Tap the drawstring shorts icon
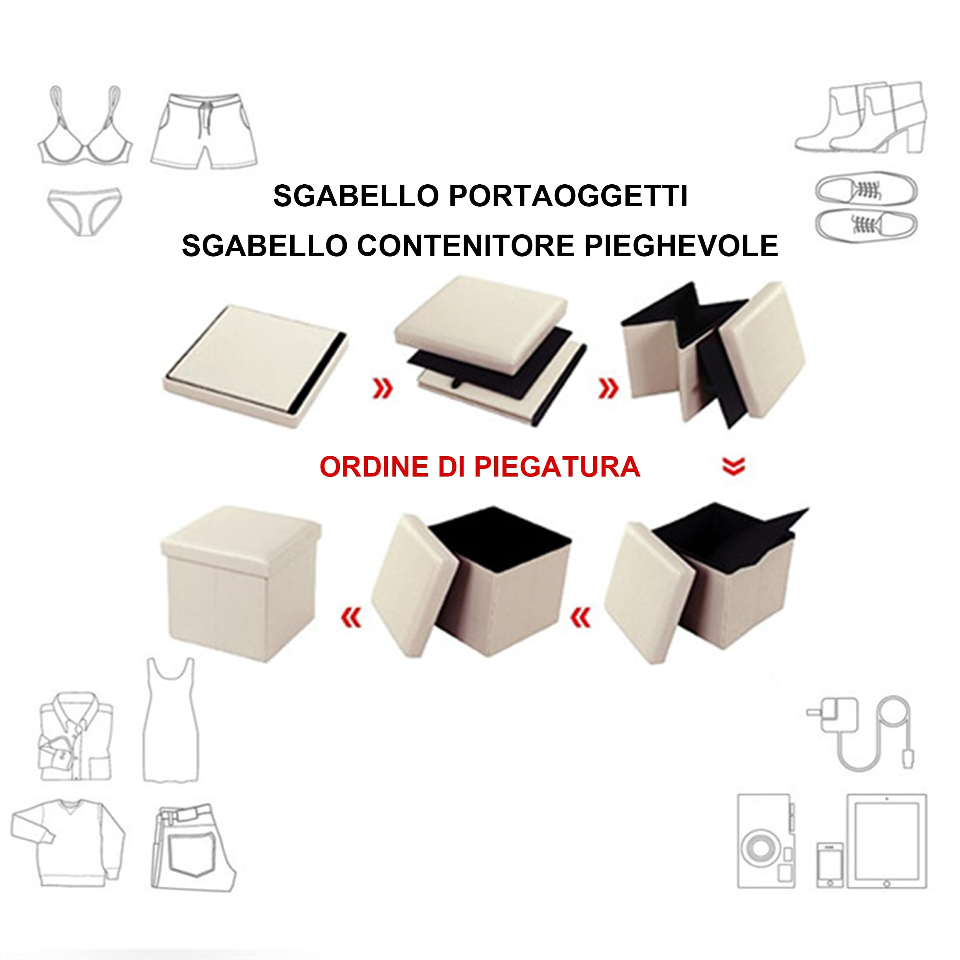pyautogui.click(x=204, y=131)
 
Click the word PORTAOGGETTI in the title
pyautogui.click(x=568, y=196)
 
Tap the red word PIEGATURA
pyautogui.click(x=556, y=467)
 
